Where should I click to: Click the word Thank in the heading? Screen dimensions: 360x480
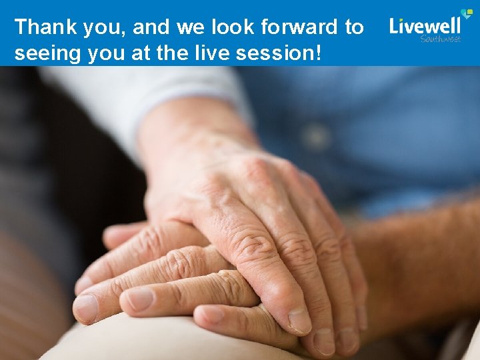click(x=40, y=27)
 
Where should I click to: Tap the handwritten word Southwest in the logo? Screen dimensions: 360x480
click(x=440, y=39)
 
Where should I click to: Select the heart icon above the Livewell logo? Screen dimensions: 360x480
click(x=467, y=13)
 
